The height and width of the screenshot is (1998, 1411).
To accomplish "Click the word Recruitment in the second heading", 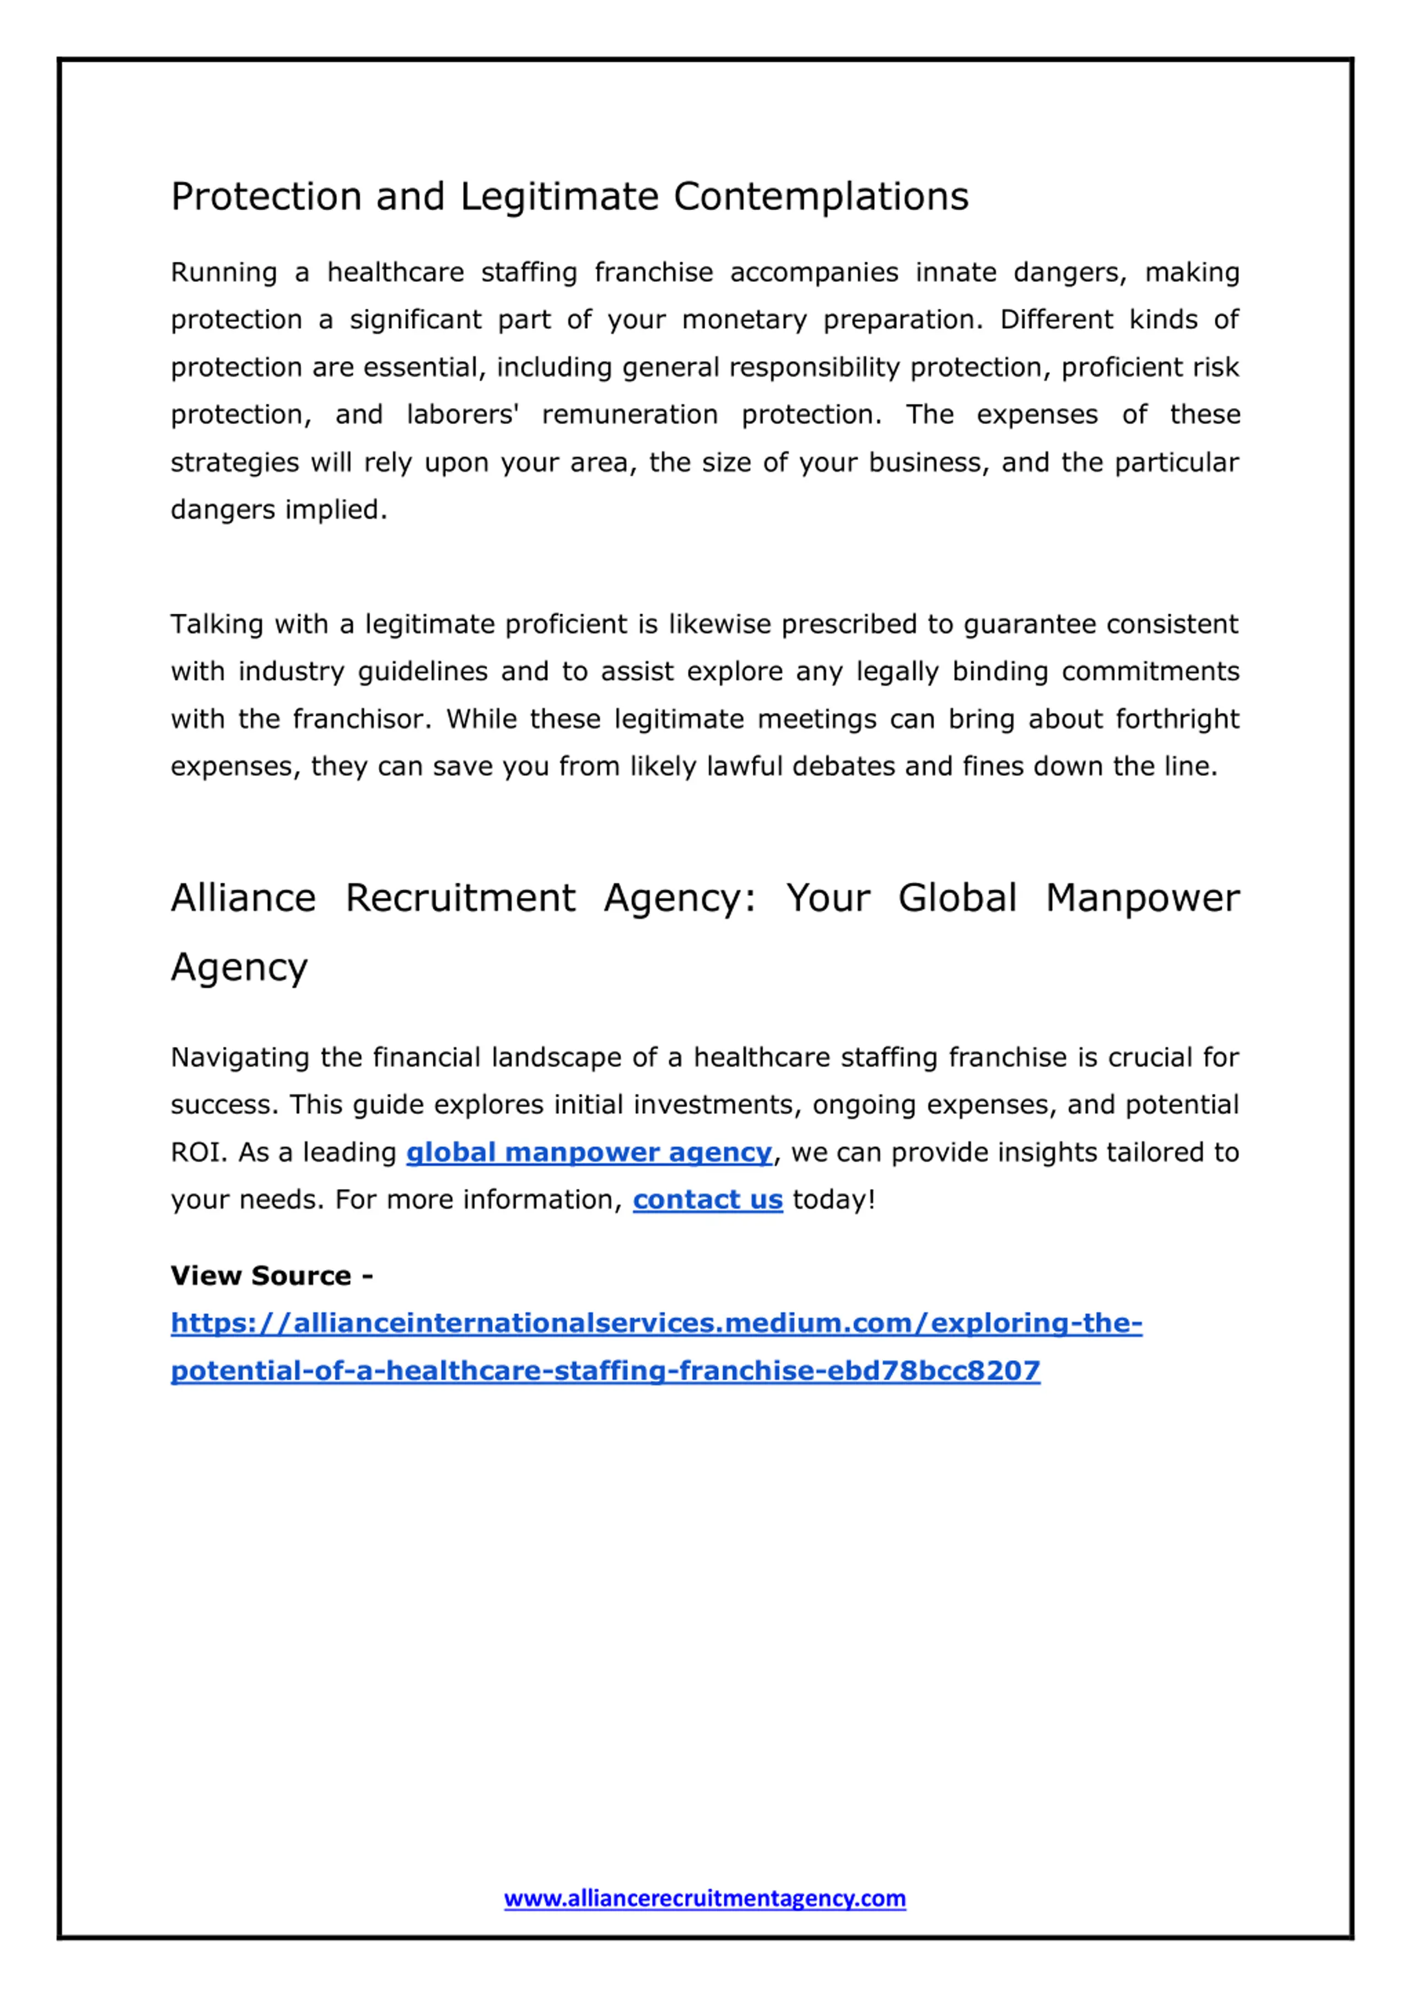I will (x=460, y=898).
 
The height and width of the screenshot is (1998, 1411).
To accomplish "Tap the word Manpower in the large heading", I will (x=1141, y=898).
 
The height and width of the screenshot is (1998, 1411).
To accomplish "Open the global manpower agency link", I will (x=589, y=1152).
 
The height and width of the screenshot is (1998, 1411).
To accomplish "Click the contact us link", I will (x=707, y=1200).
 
